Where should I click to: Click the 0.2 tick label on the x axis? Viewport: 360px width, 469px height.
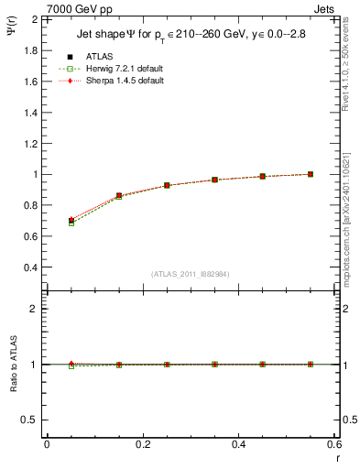[x=142, y=444]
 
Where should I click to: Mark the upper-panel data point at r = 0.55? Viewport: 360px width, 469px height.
[x=311, y=174]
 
